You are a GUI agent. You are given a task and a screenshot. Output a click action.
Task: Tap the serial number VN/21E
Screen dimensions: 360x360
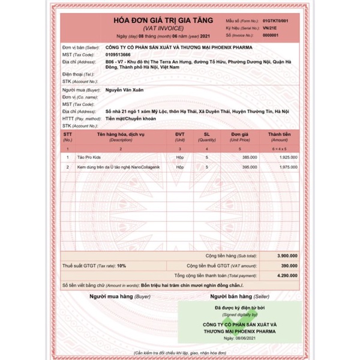(272, 28)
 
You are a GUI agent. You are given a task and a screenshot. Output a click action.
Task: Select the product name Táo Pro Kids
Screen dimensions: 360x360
(89, 155)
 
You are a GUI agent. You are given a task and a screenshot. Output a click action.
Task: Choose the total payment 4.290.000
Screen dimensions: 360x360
(286, 274)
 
